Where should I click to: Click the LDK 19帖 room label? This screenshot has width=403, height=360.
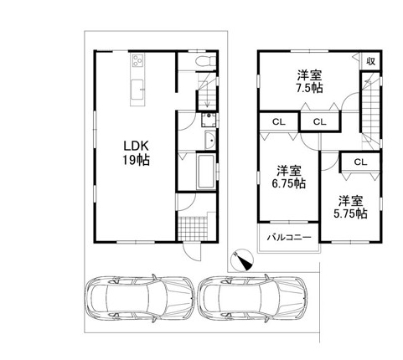137,152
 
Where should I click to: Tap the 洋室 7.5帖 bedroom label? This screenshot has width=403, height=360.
309,81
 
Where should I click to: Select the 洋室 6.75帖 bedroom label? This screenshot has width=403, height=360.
289,177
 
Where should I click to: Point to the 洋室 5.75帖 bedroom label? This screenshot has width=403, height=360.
351,207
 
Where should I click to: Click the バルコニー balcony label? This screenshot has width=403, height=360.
289,238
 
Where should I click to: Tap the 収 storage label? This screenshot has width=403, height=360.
370,61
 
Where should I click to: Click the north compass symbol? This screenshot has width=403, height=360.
241,260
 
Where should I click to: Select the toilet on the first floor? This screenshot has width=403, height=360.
205,61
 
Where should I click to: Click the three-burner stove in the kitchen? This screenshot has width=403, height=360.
137,60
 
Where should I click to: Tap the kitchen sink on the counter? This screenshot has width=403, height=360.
137,90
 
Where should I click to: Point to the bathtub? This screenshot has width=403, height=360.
206,171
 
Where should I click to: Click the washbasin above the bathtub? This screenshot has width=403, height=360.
210,141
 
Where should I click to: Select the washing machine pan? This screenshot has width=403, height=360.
209,120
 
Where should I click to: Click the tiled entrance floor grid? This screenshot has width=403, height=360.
193,229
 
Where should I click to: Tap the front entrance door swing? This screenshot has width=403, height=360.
192,251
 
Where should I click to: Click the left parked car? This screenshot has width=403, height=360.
140,299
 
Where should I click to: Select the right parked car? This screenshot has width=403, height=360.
253,299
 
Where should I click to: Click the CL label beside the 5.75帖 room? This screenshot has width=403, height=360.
360,162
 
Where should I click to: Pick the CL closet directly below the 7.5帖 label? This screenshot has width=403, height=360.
319,121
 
